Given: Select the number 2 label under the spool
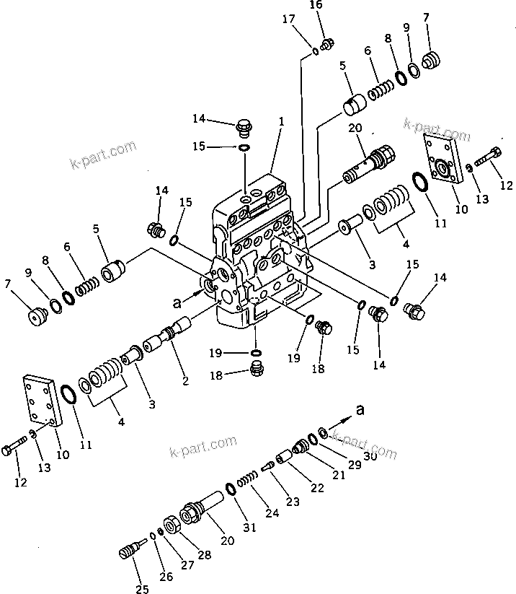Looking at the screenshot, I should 186,380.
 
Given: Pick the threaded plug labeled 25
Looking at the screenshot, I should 127,552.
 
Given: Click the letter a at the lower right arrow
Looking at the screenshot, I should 360,410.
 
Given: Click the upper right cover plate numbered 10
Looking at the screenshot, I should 442,160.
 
